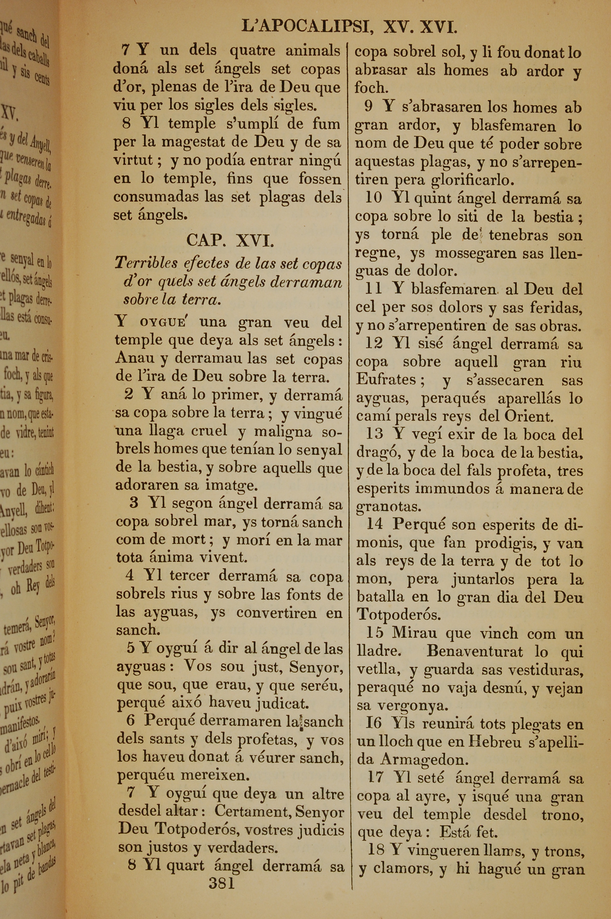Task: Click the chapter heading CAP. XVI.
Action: (230, 240)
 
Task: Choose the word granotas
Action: (389, 507)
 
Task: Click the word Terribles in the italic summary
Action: (146, 264)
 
